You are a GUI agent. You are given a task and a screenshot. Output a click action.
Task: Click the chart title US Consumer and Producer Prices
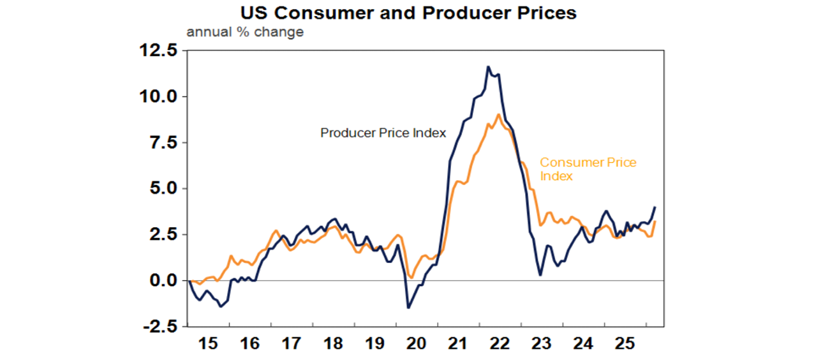(x=408, y=12)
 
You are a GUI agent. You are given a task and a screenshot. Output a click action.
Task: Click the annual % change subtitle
(x=245, y=32)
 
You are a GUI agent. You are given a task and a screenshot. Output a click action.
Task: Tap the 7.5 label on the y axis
(x=162, y=143)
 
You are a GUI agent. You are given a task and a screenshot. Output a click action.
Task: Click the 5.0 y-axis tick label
(x=162, y=188)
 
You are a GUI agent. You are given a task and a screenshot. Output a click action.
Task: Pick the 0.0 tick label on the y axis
(x=162, y=281)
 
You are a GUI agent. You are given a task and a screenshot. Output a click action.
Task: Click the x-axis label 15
(x=207, y=344)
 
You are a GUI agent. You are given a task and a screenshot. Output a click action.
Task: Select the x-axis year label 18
(x=333, y=344)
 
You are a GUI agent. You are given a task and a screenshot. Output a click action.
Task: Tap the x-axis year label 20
(x=417, y=344)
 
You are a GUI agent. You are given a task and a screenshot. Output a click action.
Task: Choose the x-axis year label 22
(x=500, y=344)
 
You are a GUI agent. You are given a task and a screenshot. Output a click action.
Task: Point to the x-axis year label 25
(x=625, y=344)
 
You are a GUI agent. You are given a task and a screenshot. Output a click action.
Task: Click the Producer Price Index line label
(x=383, y=133)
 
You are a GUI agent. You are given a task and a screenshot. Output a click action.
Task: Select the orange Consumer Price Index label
(x=588, y=169)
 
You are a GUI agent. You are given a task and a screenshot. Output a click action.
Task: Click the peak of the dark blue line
(x=488, y=67)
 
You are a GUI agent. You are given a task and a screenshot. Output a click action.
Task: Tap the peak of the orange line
(x=499, y=114)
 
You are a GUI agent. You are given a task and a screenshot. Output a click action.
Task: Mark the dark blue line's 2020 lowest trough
(x=408, y=308)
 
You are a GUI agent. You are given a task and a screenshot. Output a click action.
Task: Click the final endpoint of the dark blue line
(x=655, y=207)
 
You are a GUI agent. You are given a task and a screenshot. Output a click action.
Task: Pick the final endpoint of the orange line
(x=655, y=221)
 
